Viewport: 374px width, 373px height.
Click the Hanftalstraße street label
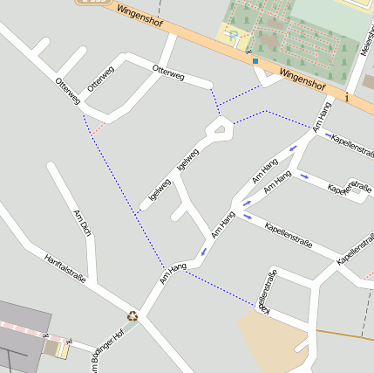coord(65,268)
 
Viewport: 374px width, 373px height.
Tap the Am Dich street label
coord(82,224)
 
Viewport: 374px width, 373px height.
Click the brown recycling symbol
coord(133,316)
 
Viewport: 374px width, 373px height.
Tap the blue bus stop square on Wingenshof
coord(255,61)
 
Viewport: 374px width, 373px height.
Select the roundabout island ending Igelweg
coord(219,131)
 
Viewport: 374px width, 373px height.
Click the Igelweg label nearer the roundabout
coord(187,158)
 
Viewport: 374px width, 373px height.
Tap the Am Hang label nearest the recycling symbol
coord(173,273)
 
